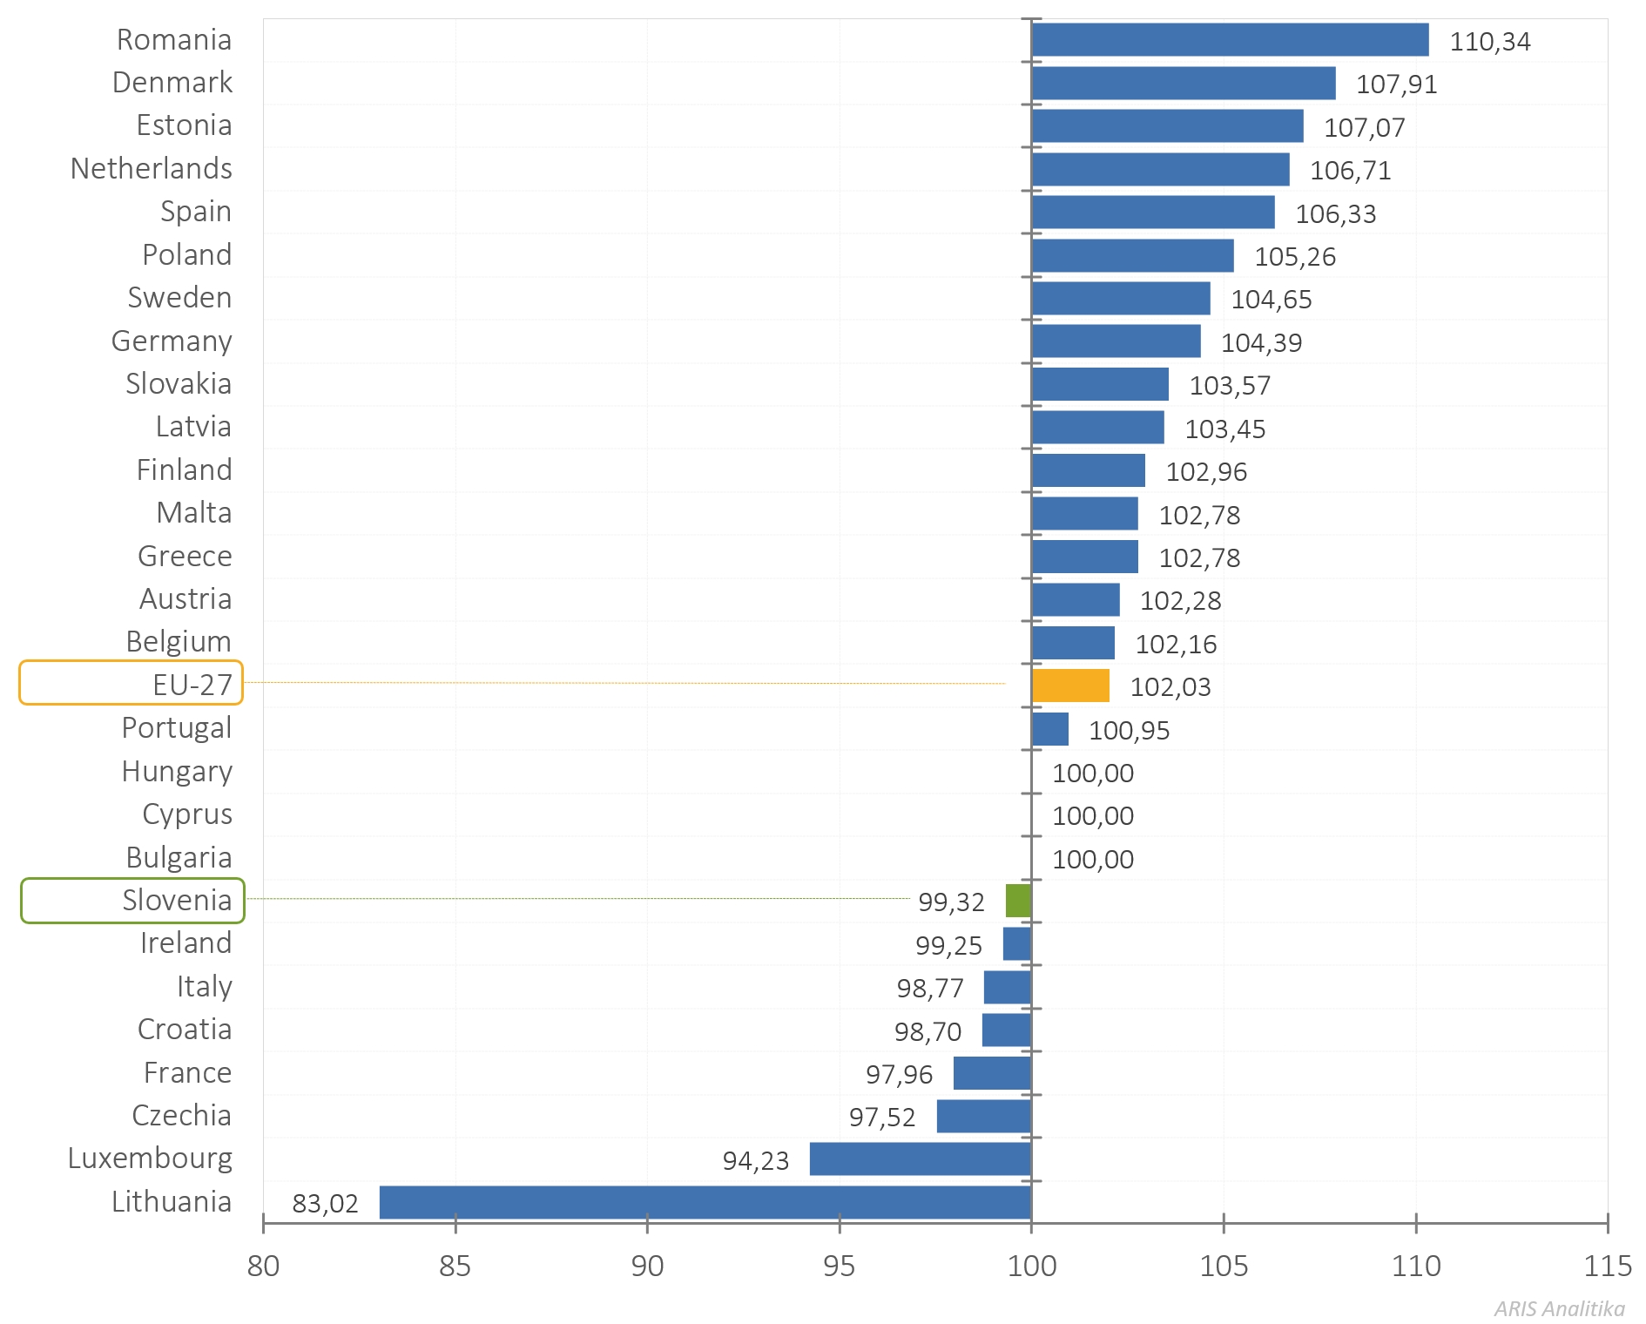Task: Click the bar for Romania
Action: pyautogui.click(x=1230, y=40)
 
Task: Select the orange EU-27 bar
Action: pyautogui.click(x=1070, y=686)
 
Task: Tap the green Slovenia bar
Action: pyautogui.click(x=1018, y=901)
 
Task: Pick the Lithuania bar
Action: pyautogui.click(x=705, y=1202)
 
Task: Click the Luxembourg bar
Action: pyautogui.click(x=921, y=1159)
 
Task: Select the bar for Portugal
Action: pyautogui.click(x=1050, y=729)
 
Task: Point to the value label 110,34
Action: pyautogui.click(x=1489, y=42)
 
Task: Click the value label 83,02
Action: pyautogui.click(x=325, y=1204)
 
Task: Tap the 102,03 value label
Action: pyautogui.click(x=1170, y=687)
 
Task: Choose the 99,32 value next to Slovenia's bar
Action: pyautogui.click(x=951, y=902)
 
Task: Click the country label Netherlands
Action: pyautogui.click(x=152, y=169)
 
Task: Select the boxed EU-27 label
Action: pyautogui.click(x=132, y=684)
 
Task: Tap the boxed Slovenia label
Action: pyautogui.click(x=133, y=901)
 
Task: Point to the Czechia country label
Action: pyautogui.click(x=181, y=1116)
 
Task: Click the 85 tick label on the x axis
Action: pyautogui.click(x=455, y=1267)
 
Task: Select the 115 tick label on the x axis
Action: pyautogui.click(x=1607, y=1267)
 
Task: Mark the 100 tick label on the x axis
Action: pyautogui.click(x=1032, y=1267)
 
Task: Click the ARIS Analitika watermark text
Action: pyautogui.click(x=1559, y=1309)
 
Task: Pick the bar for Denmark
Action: pyautogui.click(x=1183, y=84)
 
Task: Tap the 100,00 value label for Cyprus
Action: pyautogui.click(x=1092, y=816)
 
